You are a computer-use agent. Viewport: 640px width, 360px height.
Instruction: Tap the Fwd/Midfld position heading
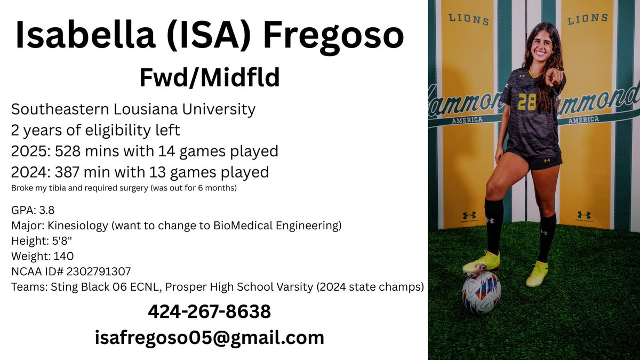[x=210, y=78]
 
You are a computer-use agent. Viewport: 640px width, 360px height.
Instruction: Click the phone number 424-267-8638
[x=210, y=311]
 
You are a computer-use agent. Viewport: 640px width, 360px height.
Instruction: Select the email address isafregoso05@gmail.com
[x=210, y=337]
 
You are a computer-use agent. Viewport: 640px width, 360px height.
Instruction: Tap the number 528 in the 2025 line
[x=68, y=151]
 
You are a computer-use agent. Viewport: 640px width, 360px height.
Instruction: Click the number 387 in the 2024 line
[x=68, y=172]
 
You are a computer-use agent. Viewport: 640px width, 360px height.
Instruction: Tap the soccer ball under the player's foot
[x=481, y=292]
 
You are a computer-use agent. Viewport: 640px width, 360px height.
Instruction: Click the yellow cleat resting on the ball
[x=481, y=263]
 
